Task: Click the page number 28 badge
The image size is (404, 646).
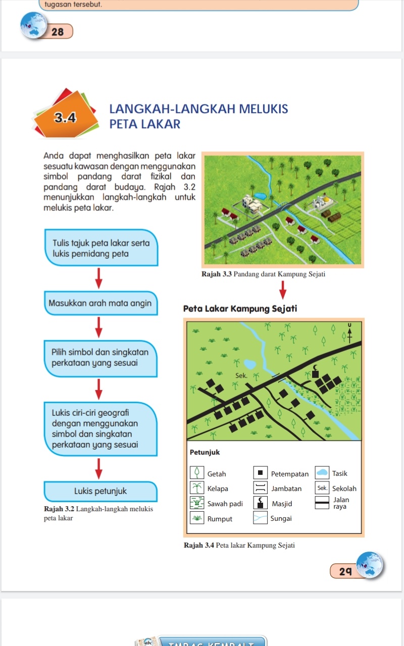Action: click(58, 31)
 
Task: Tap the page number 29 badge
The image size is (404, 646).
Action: click(345, 571)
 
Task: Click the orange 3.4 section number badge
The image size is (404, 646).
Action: click(66, 118)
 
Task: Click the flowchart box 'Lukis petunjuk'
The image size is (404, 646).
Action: click(100, 491)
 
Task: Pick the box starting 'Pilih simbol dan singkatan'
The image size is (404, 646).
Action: click(101, 358)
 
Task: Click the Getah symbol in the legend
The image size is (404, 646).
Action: click(197, 473)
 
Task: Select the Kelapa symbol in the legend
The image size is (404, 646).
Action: click(197, 488)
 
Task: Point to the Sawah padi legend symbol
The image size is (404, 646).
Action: click(197, 503)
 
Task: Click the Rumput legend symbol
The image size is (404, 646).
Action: click(197, 518)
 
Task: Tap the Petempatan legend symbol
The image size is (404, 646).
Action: click(261, 473)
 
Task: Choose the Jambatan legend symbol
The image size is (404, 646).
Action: click(261, 488)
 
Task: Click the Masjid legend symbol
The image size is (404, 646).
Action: click(261, 503)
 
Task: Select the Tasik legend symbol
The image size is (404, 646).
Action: click(322, 473)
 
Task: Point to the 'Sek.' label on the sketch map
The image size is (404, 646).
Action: click(241, 375)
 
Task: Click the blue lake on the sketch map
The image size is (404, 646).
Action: click(249, 364)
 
